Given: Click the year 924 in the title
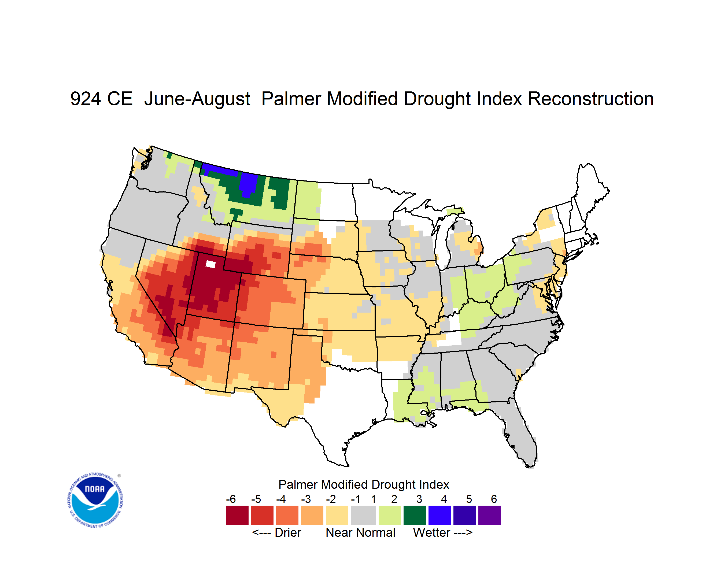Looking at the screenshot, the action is pyautogui.click(x=86, y=99).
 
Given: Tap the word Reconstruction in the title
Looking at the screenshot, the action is pyautogui.click(x=590, y=99).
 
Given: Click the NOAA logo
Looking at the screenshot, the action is pyautogui.click(x=95, y=500).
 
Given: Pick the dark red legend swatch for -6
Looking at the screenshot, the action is pyautogui.click(x=237, y=515).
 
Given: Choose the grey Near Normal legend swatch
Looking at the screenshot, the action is pyautogui.click(x=363, y=515).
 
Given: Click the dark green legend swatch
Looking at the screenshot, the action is pyautogui.click(x=414, y=515).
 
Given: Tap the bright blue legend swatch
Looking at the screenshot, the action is pyautogui.click(x=439, y=515).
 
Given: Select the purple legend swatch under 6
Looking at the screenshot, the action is pyautogui.click(x=489, y=515).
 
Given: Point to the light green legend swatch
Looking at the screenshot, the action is pyautogui.click(x=390, y=515).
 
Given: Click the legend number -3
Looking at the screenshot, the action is pyautogui.click(x=306, y=499).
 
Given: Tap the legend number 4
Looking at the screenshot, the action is pyautogui.click(x=444, y=499).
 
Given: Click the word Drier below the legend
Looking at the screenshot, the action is pyautogui.click(x=288, y=532).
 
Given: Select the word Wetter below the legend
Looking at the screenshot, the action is pyautogui.click(x=432, y=532).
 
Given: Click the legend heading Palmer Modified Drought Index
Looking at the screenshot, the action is pyautogui.click(x=364, y=484).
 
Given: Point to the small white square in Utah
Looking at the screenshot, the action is pyautogui.click(x=210, y=264).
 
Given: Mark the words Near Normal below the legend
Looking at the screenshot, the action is pyautogui.click(x=360, y=532).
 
